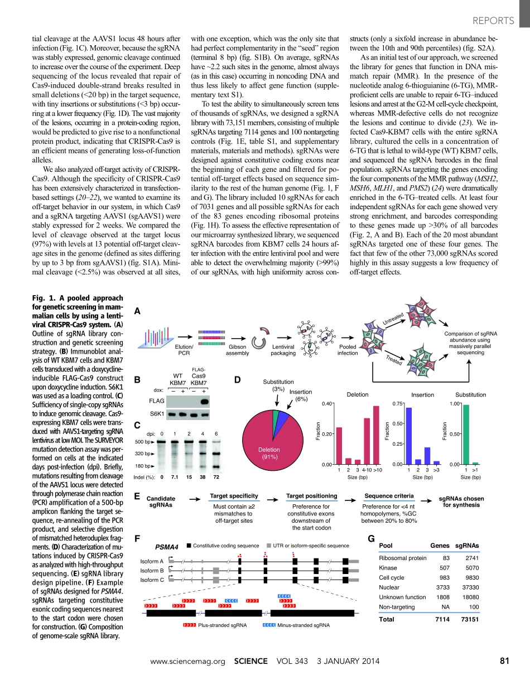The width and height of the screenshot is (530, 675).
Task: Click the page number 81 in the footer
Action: coord(505,661)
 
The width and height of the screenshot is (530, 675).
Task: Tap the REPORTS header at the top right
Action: coord(493,21)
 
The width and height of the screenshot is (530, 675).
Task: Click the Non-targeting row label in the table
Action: coord(397,606)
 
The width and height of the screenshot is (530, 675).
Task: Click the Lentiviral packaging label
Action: coord(283,350)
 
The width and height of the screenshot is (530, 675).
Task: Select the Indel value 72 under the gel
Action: coord(216,477)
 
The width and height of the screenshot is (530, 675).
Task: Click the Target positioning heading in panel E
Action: coord(311,495)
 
